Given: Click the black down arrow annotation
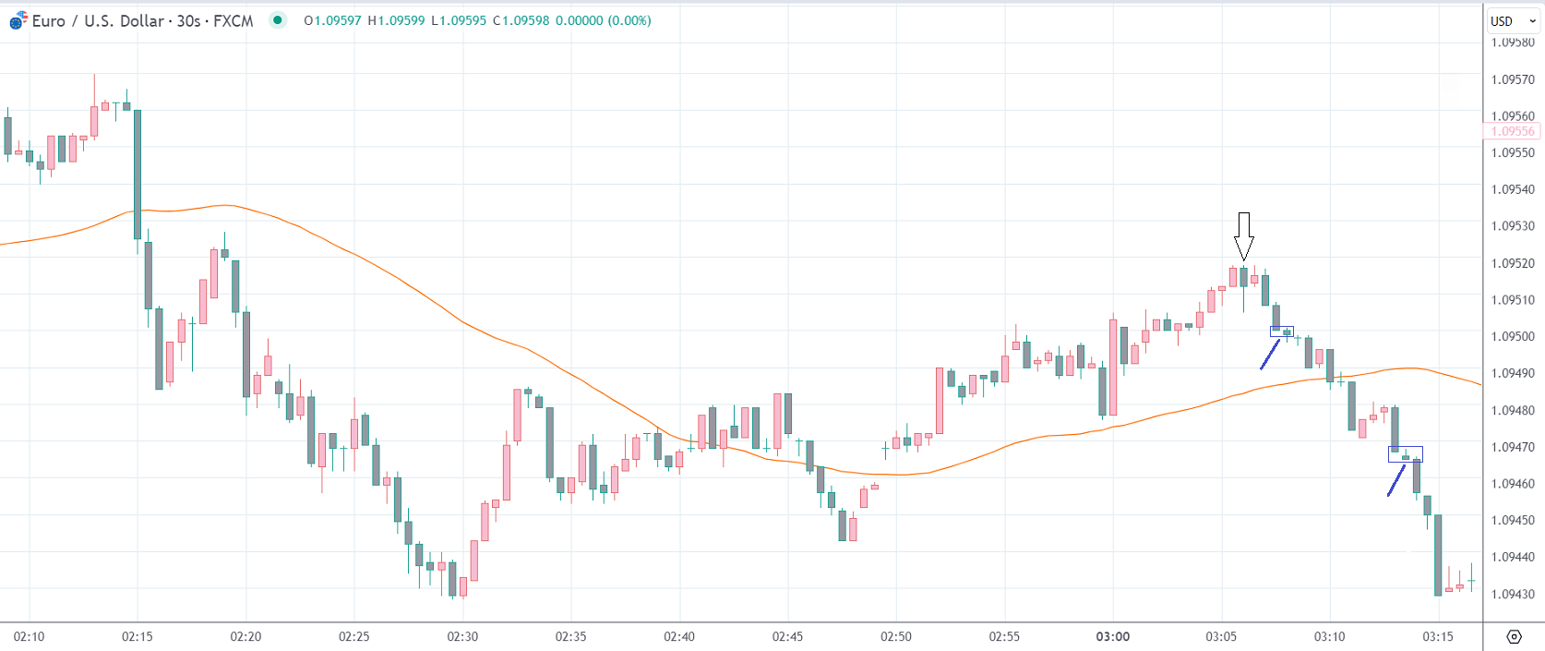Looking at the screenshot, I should (x=1244, y=236).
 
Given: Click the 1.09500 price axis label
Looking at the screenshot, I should (x=1513, y=337).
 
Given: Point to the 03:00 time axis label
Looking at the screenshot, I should (x=1112, y=637).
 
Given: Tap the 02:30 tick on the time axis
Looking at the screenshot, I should (x=462, y=637).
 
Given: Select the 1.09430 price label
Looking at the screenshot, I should (x=1513, y=595).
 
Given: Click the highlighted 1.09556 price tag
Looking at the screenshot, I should (x=1513, y=132).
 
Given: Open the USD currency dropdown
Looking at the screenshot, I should (x=1513, y=21).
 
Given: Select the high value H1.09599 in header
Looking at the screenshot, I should (x=396, y=21).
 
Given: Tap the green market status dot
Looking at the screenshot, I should (x=278, y=20).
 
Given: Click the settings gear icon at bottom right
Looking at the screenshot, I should (x=1514, y=636).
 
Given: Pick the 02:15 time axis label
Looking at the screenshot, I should (x=138, y=637).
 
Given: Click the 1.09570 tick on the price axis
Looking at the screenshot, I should (x=1513, y=80).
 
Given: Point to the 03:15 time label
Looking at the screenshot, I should (x=1437, y=637).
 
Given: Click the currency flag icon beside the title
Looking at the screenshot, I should (x=18, y=21).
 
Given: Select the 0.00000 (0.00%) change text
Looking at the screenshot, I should (x=603, y=21).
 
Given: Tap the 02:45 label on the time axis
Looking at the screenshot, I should (x=787, y=637).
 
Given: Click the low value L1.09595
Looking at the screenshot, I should (x=459, y=21).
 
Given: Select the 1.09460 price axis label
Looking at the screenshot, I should (x=1513, y=484).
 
